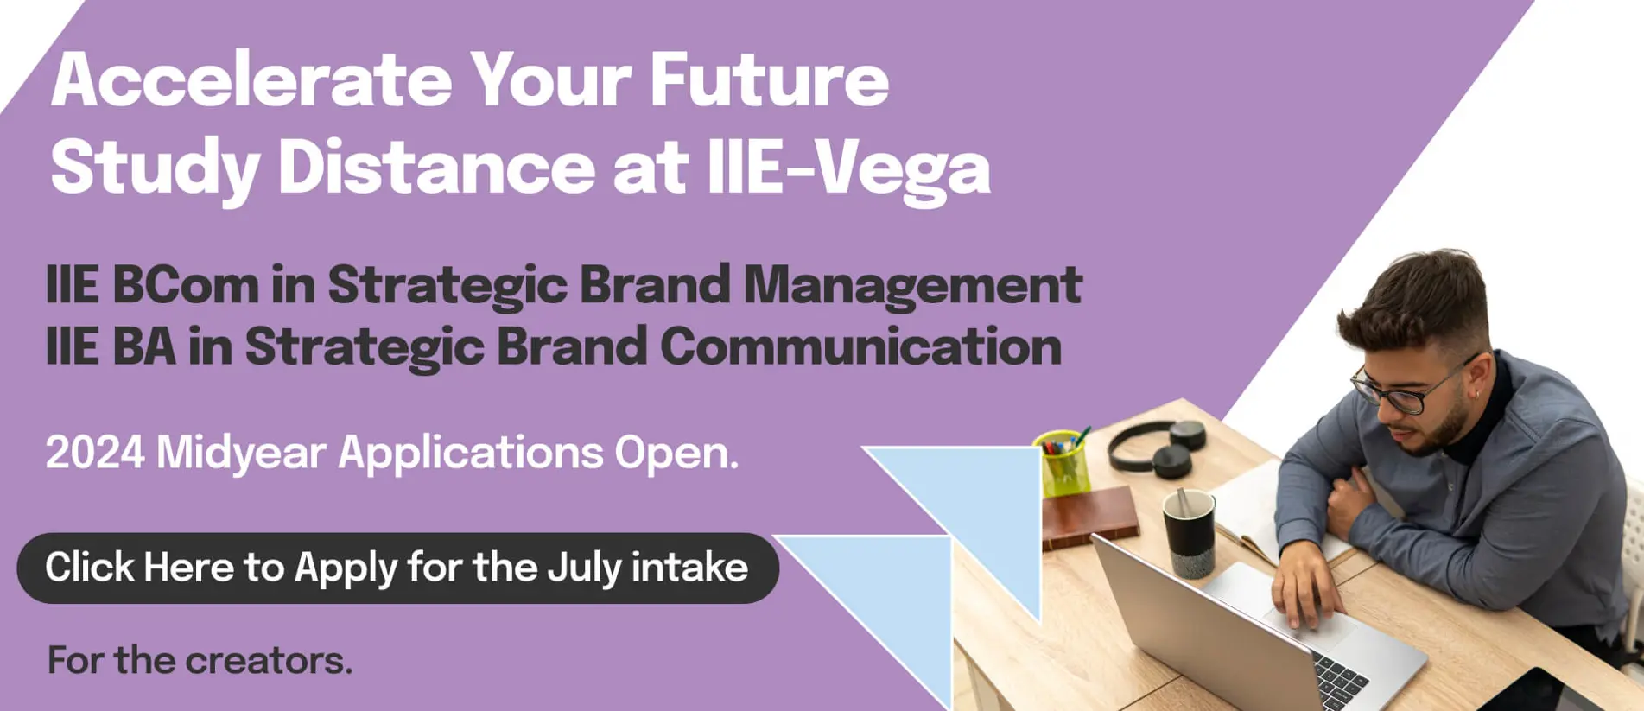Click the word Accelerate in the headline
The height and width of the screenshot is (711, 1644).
[251, 80]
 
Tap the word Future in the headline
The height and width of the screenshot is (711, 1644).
[768, 80]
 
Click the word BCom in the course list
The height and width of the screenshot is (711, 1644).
[185, 285]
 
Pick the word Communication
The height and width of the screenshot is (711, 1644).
[860, 347]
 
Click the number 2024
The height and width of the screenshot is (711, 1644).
[94, 452]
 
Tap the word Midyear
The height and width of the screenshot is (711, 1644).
[241, 453]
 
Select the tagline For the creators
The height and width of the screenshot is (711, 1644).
[200, 661]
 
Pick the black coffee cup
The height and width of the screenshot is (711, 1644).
[1189, 532]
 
